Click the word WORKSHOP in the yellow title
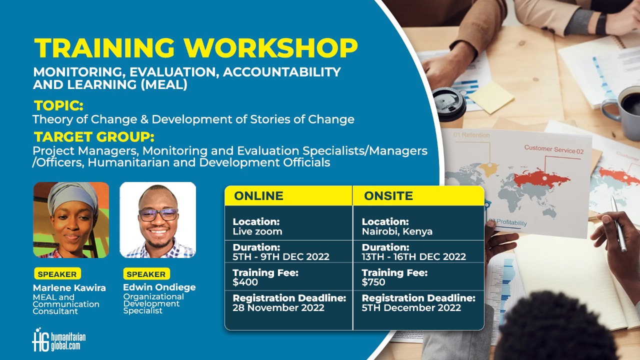(x=270, y=47)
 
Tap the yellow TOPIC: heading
(x=58, y=105)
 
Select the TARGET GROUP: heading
(x=94, y=137)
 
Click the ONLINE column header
(x=258, y=196)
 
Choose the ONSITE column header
(x=388, y=196)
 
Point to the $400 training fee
(x=245, y=282)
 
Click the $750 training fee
(x=373, y=282)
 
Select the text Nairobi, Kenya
(x=397, y=231)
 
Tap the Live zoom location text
(x=257, y=231)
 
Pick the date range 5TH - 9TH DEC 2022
(x=281, y=256)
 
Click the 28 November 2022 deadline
(x=278, y=307)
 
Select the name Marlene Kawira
(x=69, y=287)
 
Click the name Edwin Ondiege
(x=159, y=287)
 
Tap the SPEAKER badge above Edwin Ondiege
(x=146, y=274)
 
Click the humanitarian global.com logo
(x=59, y=339)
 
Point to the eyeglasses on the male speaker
(x=158, y=215)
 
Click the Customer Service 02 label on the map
(x=553, y=149)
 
